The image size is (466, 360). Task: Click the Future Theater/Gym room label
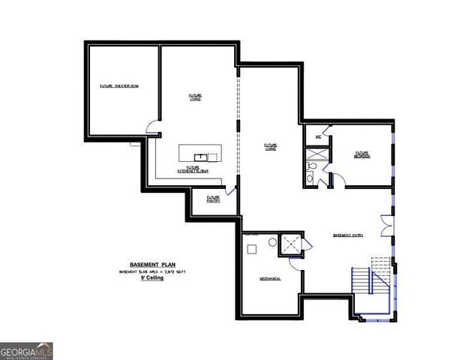click(x=120, y=87)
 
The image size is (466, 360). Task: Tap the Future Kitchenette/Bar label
click(x=194, y=170)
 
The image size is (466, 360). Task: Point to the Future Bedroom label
click(x=363, y=154)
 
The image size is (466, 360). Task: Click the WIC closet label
click(x=317, y=137)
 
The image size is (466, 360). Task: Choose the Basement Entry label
click(x=348, y=235)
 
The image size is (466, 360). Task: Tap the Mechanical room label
click(x=270, y=278)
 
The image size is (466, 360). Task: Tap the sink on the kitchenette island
click(x=200, y=155)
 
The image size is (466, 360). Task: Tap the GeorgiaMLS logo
click(x=26, y=351)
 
